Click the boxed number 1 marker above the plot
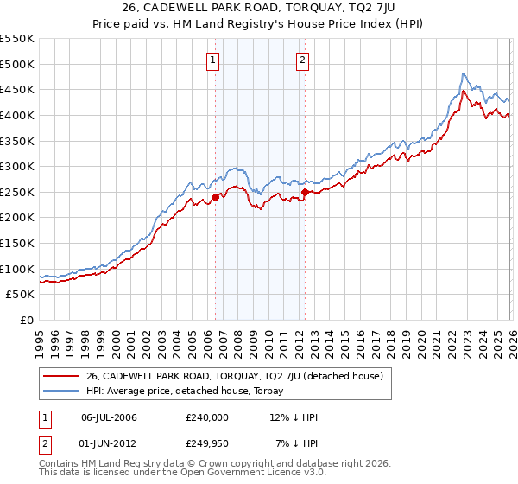point(213,60)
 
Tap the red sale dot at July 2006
point(215,197)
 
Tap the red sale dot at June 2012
point(305,192)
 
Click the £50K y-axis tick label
point(21,294)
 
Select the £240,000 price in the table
point(206,417)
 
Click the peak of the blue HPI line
point(464,73)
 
